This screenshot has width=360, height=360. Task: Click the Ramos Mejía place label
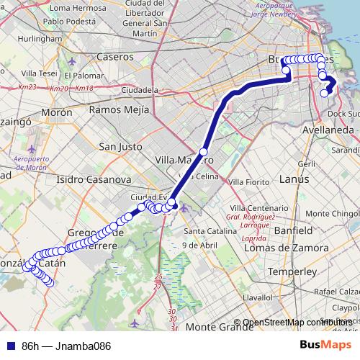119,109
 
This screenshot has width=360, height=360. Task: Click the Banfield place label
292,231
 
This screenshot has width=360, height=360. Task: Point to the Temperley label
291,272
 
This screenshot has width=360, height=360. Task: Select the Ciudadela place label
140,90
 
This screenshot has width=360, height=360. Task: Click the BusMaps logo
324,345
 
